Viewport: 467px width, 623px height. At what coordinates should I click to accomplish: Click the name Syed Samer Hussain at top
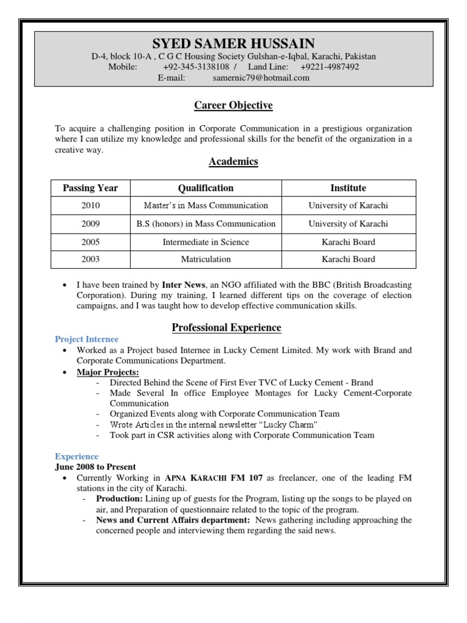tap(233, 43)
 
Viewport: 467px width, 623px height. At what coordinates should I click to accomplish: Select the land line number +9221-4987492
tap(330, 67)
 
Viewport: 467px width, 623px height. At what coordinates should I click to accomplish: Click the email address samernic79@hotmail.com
tap(261, 78)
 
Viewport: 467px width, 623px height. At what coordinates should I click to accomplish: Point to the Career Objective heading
tap(233, 106)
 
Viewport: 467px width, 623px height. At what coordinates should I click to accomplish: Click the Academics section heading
tap(233, 161)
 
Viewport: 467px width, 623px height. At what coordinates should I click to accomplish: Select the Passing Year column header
tap(91, 188)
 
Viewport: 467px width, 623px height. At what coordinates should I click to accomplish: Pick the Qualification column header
tap(206, 188)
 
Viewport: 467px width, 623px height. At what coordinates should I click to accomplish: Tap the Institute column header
tap(348, 188)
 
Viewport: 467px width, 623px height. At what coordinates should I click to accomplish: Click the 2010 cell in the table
tap(91, 206)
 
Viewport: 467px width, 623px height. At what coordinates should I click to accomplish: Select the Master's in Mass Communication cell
tap(206, 206)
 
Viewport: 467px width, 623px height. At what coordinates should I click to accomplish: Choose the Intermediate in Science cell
tap(206, 242)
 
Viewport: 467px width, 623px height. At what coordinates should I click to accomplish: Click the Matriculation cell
tap(206, 259)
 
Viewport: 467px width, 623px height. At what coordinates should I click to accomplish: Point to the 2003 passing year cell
tap(91, 259)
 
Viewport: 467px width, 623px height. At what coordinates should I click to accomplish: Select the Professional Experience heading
tap(226, 328)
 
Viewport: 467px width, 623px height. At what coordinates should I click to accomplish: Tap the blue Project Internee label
tap(87, 339)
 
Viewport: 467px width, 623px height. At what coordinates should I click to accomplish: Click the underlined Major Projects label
tap(108, 372)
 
